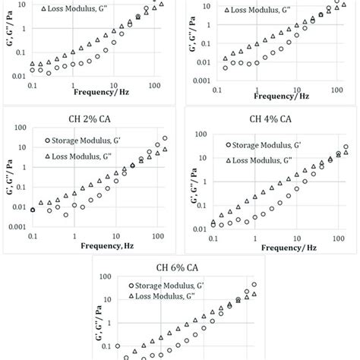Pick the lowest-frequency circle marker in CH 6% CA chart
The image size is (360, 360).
point(118,346)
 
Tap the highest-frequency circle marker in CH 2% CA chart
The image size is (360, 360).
point(166,138)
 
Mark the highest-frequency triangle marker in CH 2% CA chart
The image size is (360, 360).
point(166,150)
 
